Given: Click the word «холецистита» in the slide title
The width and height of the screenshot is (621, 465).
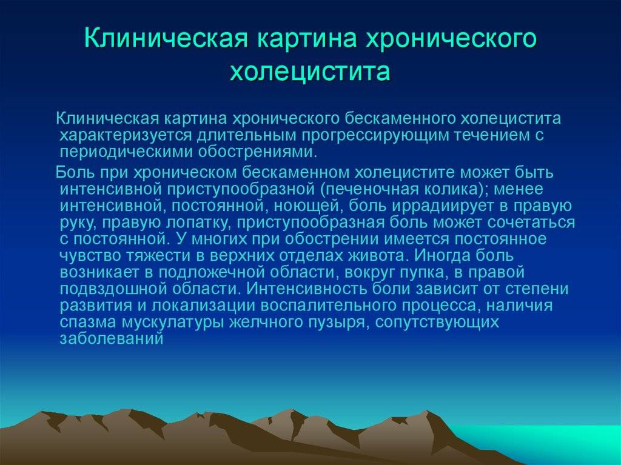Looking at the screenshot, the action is pos(310,72).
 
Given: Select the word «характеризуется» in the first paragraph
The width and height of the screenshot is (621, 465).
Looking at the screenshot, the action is pos(126,135).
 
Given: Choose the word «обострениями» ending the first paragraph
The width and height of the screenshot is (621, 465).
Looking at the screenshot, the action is pos(257,152).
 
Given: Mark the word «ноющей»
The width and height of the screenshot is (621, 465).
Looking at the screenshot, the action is pos(306,207).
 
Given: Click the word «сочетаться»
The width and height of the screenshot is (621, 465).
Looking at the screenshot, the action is pos(531,222).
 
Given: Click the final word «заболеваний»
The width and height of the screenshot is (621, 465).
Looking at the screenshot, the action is pos(112,339).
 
